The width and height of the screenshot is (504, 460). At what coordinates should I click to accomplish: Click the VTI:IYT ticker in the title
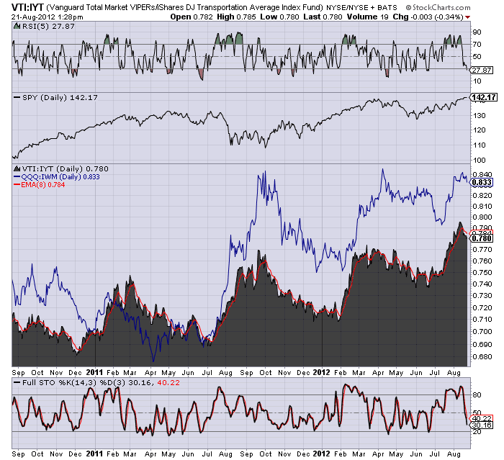tap(27, 7)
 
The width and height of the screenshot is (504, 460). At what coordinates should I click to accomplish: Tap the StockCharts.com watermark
tap(438, 7)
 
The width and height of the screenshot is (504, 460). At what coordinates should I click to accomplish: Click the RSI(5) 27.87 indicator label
tap(44, 27)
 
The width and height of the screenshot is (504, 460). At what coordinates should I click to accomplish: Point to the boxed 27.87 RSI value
tap(482, 70)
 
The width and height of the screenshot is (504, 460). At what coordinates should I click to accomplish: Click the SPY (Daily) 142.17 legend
tap(55, 97)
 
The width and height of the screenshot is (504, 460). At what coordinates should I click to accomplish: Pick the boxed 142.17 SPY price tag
tap(484, 97)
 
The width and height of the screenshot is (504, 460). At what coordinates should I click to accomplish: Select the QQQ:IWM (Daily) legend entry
tap(57, 177)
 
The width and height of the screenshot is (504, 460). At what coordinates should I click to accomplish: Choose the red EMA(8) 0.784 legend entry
tap(39, 185)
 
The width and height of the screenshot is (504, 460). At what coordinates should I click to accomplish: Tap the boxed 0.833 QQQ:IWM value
tap(482, 183)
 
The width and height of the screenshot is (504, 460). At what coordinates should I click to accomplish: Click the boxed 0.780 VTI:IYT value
tap(482, 238)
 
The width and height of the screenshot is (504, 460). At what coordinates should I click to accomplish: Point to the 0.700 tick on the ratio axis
tap(482, 331)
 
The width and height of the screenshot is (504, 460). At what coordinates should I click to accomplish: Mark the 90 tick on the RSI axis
tap(477, 32)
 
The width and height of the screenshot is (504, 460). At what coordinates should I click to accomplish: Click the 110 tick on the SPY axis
tap(479, 145)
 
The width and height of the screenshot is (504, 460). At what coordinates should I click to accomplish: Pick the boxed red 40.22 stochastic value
tap(482, 418)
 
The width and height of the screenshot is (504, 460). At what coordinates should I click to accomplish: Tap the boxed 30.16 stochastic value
tap(482, 425)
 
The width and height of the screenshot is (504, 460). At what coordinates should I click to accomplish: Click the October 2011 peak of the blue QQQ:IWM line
tap(265, 171)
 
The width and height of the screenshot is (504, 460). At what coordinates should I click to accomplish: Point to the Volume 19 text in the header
tap(368, 17)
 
